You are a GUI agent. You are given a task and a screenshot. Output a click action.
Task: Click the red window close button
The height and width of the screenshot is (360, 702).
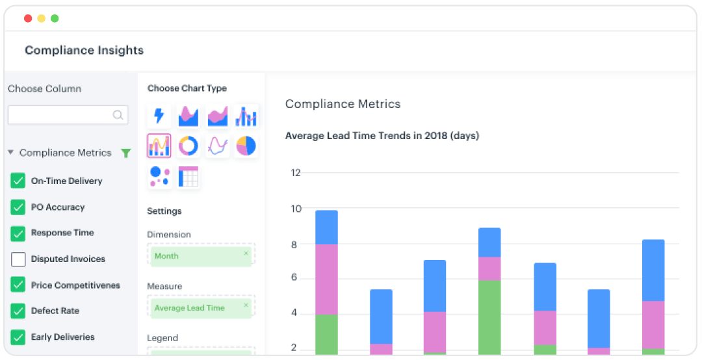28,18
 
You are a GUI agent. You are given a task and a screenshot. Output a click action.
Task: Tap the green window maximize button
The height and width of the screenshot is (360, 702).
55,18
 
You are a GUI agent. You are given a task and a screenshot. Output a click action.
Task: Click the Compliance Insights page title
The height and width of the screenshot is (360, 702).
84,50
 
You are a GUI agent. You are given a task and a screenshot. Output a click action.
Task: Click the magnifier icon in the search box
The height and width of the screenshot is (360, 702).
118,115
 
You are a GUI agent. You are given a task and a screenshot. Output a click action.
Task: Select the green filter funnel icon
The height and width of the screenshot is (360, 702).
126,153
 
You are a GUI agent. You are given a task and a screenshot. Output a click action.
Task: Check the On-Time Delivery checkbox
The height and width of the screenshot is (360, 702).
18,181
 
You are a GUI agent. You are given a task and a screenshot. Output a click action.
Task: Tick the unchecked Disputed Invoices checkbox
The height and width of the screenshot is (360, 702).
18,259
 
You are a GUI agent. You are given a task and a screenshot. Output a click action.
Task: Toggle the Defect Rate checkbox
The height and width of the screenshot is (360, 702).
18,311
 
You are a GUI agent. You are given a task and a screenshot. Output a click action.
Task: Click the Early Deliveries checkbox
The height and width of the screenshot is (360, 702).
18,337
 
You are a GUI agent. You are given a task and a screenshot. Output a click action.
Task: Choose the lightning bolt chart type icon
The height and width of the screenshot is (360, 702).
159,116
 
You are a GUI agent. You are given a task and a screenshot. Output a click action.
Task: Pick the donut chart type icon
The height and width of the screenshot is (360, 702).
188,146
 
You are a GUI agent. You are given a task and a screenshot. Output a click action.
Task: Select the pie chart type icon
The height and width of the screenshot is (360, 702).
246,146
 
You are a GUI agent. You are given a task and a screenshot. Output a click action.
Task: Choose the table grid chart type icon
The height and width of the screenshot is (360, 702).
188,177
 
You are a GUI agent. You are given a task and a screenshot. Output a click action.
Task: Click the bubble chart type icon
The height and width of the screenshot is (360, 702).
159,177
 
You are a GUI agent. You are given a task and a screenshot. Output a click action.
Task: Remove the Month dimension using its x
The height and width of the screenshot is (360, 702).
246,253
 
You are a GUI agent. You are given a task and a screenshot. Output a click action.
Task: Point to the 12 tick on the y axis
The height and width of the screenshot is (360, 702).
296,173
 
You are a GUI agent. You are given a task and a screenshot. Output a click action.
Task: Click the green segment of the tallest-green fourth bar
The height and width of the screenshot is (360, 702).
489,316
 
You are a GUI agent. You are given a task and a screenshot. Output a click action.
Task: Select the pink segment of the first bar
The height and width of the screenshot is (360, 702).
326,279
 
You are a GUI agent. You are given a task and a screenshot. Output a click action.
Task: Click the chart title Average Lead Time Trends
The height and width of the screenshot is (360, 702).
382,136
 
